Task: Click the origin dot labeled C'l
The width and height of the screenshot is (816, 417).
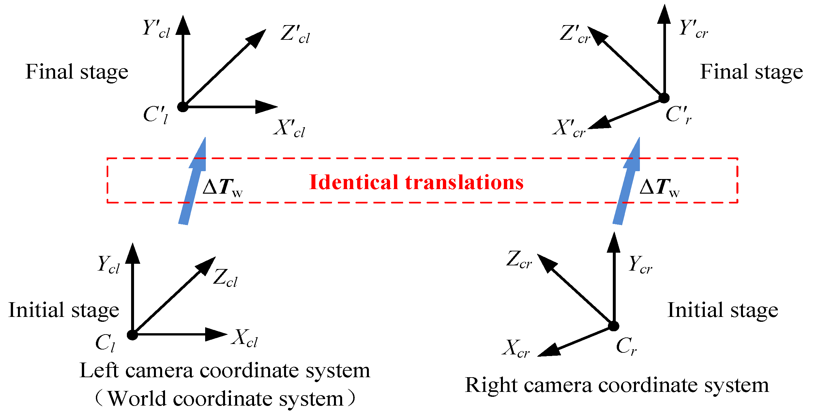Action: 183,107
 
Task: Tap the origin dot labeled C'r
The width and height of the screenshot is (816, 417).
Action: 664,98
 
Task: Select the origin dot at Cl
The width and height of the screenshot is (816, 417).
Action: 132,335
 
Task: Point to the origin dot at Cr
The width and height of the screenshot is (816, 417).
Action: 613,326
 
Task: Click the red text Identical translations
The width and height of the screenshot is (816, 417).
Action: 416,182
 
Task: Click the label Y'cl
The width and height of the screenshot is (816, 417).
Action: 156,29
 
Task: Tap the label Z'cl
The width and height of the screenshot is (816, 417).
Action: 295,34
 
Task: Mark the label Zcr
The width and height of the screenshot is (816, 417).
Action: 519,260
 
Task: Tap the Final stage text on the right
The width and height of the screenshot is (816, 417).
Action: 751,72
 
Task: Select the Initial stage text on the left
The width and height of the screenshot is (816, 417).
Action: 64,310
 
